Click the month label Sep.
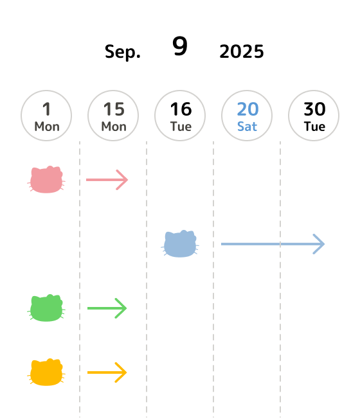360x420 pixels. pos(123,52)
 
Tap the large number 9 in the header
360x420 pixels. pos(180,46)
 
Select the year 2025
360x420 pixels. pos(242,51)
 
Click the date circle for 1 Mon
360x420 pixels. pos(46,116)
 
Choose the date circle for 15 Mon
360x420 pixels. pos(113,116)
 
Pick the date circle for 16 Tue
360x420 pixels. pos(180,116)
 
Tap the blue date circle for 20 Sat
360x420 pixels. pos(247,116)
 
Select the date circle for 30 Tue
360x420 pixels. pos(314,116)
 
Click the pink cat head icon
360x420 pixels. pos(46,179)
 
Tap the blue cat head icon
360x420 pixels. pos(180,244)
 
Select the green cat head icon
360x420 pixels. pos(46,308)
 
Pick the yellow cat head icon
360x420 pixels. pos(46,372)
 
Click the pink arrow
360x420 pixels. pos(107,180)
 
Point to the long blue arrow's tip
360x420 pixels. pos(325,244)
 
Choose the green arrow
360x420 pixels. pos(107,308)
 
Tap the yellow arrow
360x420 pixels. pos(107,372)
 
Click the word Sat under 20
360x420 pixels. pos(247,127)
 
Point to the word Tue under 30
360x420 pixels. pos(314,127)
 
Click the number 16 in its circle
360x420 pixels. pos(181,109)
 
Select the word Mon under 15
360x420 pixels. pos(114,127)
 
